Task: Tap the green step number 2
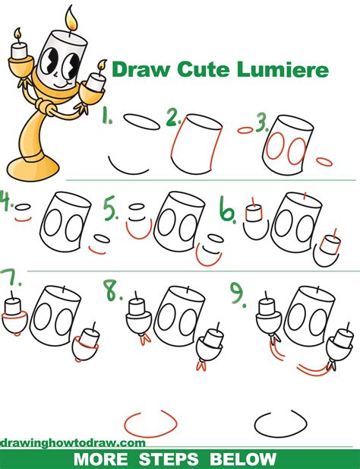(x=174, y=117)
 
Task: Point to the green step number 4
(x=7, y=204)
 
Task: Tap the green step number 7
(x=8, y=280)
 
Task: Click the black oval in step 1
(x=137, y=121)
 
